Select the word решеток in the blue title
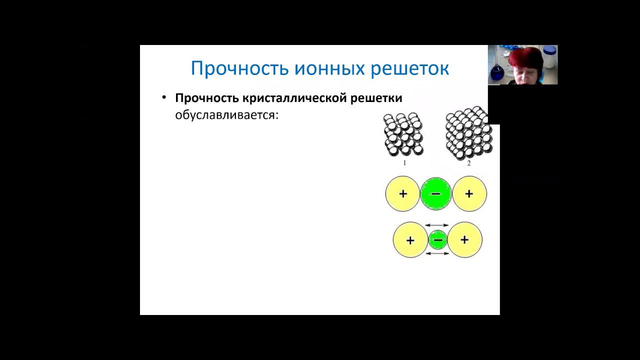point(409,68)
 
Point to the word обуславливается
point(226,115)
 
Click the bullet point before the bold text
point(164,97)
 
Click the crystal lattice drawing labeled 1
point(404,134)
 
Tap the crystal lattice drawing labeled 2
point(468,133)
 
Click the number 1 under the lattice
point(404,163)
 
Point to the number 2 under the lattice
point(469,163)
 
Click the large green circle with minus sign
point(435,193)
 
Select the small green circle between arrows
point(437,240)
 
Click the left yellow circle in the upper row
point(402,193)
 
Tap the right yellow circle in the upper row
point(469,193)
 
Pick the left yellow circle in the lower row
point(410,240)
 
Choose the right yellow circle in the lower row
point(464,240)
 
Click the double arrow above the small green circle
point(437,225)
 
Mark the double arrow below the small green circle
point(437,254)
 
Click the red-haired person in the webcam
point(525,65)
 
